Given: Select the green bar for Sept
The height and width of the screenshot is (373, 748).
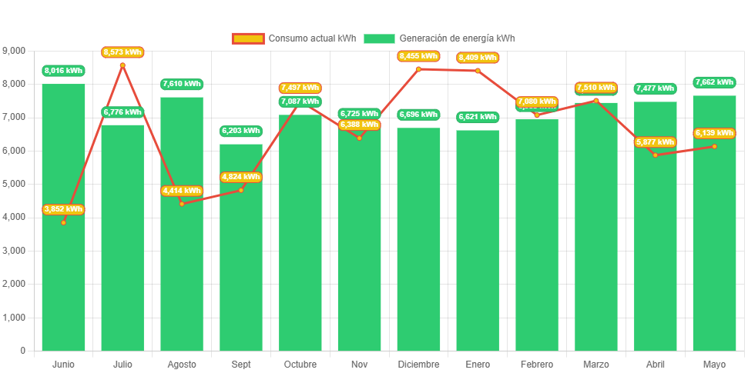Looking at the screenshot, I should [x=241, y=269].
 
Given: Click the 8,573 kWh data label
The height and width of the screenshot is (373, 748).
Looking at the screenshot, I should [x=122, y=52].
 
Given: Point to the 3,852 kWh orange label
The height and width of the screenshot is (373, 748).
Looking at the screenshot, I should [x=63, y=209].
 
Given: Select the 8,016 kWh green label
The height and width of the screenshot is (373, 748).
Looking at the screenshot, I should [x=63, y=71].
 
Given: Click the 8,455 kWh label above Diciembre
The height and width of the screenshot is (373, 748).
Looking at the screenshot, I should [x=418, y=56].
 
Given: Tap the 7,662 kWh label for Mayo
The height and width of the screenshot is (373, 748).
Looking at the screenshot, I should [x=714, y=82].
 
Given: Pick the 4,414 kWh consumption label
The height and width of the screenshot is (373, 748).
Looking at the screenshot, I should [x=182, y=191].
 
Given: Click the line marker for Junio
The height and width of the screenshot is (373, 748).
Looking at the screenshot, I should [x=63, y=222].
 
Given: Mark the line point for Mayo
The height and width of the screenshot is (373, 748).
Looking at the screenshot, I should [x=714, y=146].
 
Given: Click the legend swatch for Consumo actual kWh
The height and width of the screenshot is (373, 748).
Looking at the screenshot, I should [x=247, y=38].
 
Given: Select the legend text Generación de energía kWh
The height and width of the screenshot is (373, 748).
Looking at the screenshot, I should [x=458, y=38].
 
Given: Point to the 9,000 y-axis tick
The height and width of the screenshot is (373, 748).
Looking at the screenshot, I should [x=14, y=51].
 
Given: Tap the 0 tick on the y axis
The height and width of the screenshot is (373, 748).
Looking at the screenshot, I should [x=23, y=351].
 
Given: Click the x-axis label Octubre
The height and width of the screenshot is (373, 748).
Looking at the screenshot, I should [x=300, y=364].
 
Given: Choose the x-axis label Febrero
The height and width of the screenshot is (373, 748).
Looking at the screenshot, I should [x=537, y=364].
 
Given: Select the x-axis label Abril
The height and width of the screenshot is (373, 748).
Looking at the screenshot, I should [x=655, y=364].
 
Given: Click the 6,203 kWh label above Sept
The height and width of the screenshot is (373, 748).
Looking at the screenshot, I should [x=241, y=131].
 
